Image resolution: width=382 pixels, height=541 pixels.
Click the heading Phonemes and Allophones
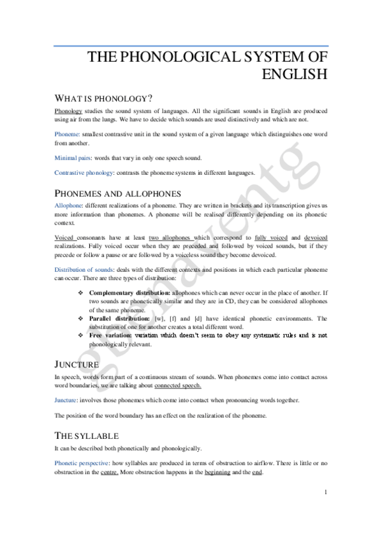[x=118, y=193]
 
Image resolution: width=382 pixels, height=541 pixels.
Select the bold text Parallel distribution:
[x=117, y=318]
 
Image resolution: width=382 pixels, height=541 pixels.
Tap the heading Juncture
[x=77, y=364]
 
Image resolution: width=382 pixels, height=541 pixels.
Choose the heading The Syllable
[x=87, y=436]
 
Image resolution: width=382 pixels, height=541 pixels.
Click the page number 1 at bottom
[x=325, y=492]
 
